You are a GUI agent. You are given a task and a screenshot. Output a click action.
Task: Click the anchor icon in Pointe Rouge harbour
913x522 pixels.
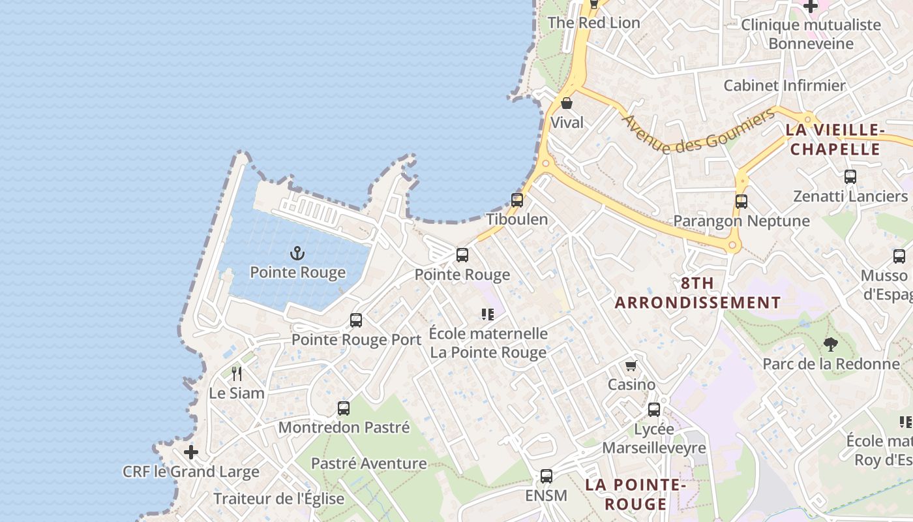click(x=297, y=253)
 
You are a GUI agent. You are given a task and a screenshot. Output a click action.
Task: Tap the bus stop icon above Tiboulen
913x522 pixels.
click(x=517, y=200)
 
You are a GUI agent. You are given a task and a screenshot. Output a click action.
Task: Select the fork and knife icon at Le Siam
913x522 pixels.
click(x=237, y=374)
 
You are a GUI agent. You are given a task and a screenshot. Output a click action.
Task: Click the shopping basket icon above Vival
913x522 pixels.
click(x=567, y=103)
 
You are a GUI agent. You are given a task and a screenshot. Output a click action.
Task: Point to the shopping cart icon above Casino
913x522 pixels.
click(x=631, y=365)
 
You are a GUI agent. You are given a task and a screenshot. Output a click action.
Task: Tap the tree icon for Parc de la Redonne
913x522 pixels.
click(x=830, y=344)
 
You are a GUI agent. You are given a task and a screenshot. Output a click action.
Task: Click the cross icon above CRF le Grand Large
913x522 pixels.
click(x=190, y=452)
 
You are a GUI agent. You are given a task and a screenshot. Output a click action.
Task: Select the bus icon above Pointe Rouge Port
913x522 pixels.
click(x=356, y=320)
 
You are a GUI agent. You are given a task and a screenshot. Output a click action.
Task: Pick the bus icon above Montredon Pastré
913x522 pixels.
click(x=344, y=408)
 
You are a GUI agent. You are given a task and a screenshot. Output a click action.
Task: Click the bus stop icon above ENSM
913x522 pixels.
click(x=546, y=476)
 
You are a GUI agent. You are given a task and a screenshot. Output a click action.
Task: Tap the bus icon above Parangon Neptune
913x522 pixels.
click(x=741, y=202)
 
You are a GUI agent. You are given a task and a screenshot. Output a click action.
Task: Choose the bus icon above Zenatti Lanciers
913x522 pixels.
click(x=850, y=177)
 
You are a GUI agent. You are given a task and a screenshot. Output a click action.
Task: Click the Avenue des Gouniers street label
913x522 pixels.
click(x=698, y=131)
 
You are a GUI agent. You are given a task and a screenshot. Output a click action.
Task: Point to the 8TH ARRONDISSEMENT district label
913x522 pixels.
click(x=698, y=293)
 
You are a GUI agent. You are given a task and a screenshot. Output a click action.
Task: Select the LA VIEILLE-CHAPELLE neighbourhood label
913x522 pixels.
click(x=835, y=140)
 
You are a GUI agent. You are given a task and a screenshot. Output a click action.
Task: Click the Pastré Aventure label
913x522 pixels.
click(x=368, y=464)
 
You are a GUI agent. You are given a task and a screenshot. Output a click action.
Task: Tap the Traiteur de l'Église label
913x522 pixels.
click(x=278, y=499)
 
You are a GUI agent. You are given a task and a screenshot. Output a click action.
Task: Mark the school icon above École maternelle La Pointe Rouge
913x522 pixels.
click(x=488, y=315)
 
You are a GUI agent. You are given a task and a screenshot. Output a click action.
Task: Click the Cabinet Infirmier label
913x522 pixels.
click(x=784, y=85)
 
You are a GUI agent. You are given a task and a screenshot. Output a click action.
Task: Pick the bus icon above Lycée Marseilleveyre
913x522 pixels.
click(x=654, y=410)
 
